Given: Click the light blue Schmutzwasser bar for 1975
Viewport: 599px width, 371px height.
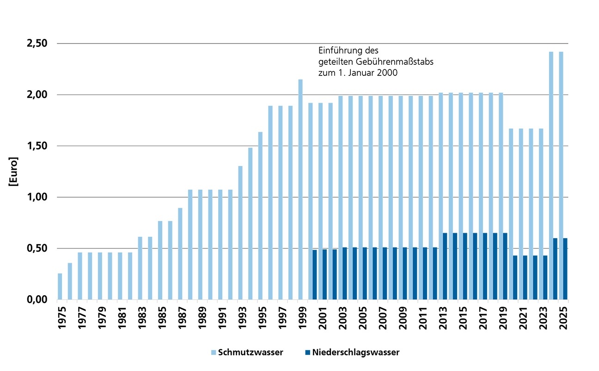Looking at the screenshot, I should [x=60, y=286].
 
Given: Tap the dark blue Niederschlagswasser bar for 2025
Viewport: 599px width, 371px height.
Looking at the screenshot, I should [x=565, y=269].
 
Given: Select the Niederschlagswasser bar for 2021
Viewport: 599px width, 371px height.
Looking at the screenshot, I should [x=525, y=278].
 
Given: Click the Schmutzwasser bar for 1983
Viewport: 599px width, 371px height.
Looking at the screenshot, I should [x=140, y=268].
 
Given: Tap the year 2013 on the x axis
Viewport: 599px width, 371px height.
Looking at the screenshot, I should [x=442, y=318].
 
